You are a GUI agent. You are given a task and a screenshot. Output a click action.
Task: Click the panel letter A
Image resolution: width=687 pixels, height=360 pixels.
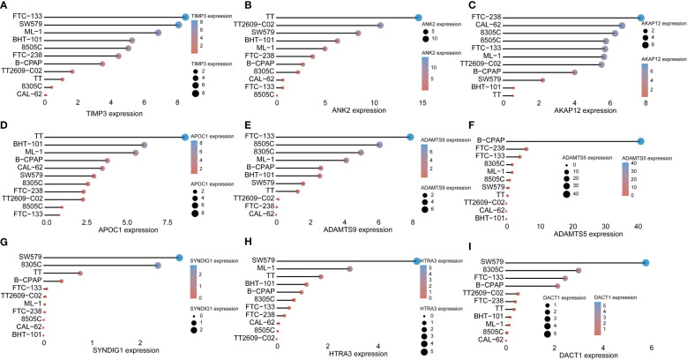click(x=4, y=5)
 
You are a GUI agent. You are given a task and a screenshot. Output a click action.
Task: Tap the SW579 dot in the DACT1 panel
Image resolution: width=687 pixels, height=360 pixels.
click(x=646, y=262)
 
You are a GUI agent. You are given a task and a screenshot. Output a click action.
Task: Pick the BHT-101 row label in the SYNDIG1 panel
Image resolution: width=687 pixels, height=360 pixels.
click(x=26, y=335)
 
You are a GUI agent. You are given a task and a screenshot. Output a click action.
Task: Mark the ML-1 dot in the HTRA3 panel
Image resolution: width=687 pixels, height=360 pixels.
click(x=350, y=268)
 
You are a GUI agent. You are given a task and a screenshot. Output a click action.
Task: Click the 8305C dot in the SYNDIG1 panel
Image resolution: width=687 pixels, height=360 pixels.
click(x=157, y=266)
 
